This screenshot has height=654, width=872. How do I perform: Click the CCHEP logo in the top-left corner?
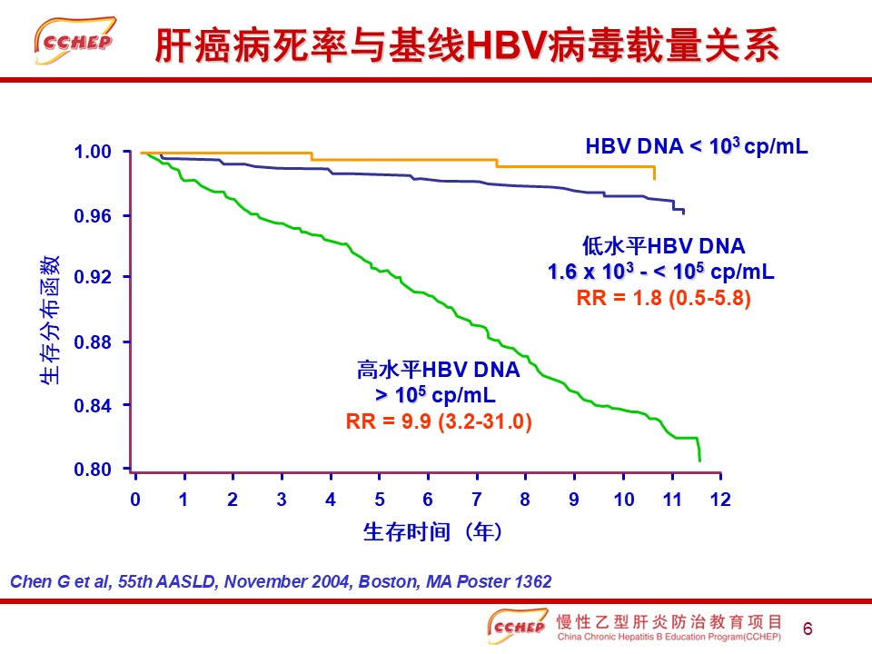(75, 41)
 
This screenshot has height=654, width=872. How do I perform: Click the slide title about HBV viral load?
(467, 45)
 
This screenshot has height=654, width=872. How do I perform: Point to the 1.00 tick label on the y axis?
(93, 152)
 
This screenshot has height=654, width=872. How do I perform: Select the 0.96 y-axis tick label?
(93, 216)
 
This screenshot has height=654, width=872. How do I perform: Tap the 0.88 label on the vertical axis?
(93, 342)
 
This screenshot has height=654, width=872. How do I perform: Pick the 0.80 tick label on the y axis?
(93, 470)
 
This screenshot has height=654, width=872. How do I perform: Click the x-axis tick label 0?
(135, 500)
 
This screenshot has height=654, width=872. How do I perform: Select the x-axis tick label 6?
(428, 500)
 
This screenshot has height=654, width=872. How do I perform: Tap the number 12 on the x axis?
(720, 500)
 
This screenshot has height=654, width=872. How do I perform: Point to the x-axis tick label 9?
(574, 500)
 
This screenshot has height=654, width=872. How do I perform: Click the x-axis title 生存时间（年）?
(432, 532)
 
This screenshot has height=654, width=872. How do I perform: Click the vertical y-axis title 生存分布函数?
(49, 320)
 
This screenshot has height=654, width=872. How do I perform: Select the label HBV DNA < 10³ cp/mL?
(697, 146)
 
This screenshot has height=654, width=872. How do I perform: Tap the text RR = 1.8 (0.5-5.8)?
(663, 298)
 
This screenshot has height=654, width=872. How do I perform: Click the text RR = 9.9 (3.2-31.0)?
(439, 421)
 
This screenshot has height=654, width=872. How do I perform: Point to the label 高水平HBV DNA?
(438, 370)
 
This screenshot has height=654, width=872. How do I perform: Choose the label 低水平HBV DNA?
(663, 246)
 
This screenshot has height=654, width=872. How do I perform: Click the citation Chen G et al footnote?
(281, 581)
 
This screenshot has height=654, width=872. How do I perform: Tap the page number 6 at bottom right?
(808, 629)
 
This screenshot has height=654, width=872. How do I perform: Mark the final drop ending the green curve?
(699, 450)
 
